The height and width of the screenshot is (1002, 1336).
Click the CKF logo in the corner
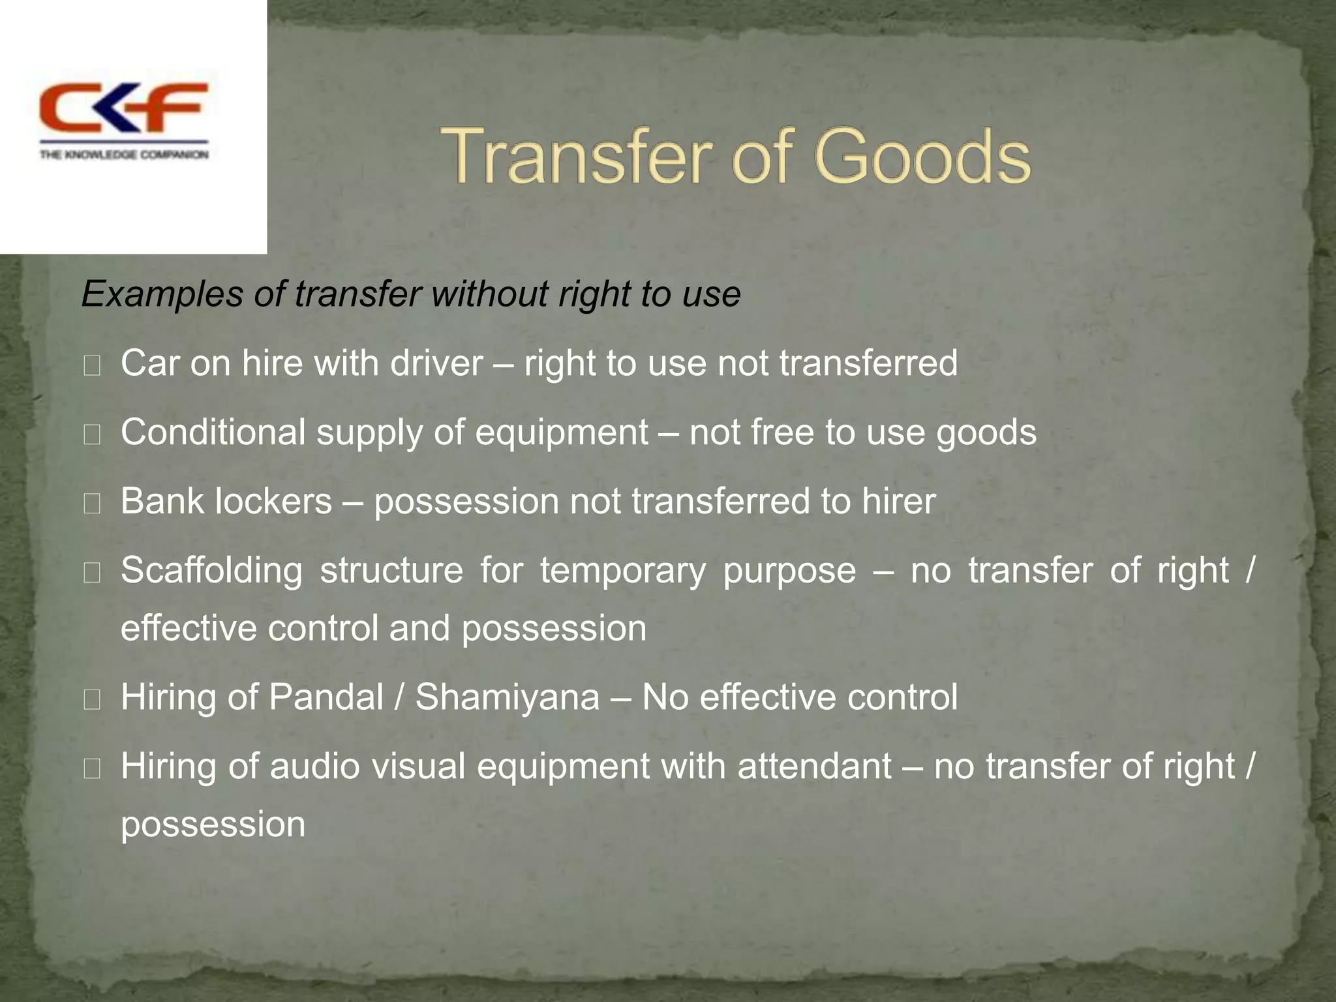pyautogui.click(x=124, y=108)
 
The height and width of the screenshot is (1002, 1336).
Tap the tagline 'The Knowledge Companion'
pyautogui.click(x=124, y=155)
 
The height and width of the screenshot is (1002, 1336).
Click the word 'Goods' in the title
pyautogui.click(x=922, y=157)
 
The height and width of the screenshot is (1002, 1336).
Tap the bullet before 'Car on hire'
pyautogui.click(x=92, y=366)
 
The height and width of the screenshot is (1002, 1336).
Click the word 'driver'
pyautogui.click(x=437, y=363)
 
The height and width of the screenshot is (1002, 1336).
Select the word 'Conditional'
pyautogui.click(x=213, y=433)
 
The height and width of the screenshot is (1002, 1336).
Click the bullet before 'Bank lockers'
pyautogui.click(x=92, y=504)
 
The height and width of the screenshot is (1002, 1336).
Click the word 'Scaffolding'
pyautogui.click(x=211, y=571)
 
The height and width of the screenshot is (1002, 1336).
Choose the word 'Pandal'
pyautogui.click(x=326, y=697)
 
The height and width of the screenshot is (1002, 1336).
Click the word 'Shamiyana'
pyautogui.click(x=508, y=697)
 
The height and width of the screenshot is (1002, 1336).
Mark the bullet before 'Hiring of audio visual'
pyautogui.click(x=92, y=770)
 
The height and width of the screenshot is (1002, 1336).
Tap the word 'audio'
pyautogui.click(x=314, y=767)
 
